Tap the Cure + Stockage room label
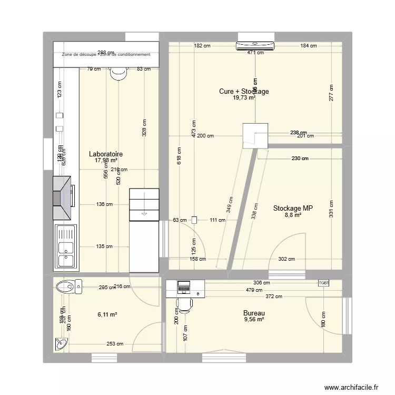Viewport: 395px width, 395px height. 244,91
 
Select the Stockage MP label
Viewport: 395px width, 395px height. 293,208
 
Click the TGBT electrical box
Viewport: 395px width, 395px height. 323,283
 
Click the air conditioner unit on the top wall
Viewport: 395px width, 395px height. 255,46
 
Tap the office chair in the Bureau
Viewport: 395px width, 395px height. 184,304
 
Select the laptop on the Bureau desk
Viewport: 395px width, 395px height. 184,287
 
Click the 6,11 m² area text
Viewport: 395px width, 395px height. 107,314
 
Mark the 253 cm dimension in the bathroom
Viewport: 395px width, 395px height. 115,344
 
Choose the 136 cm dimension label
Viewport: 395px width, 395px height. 104,204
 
